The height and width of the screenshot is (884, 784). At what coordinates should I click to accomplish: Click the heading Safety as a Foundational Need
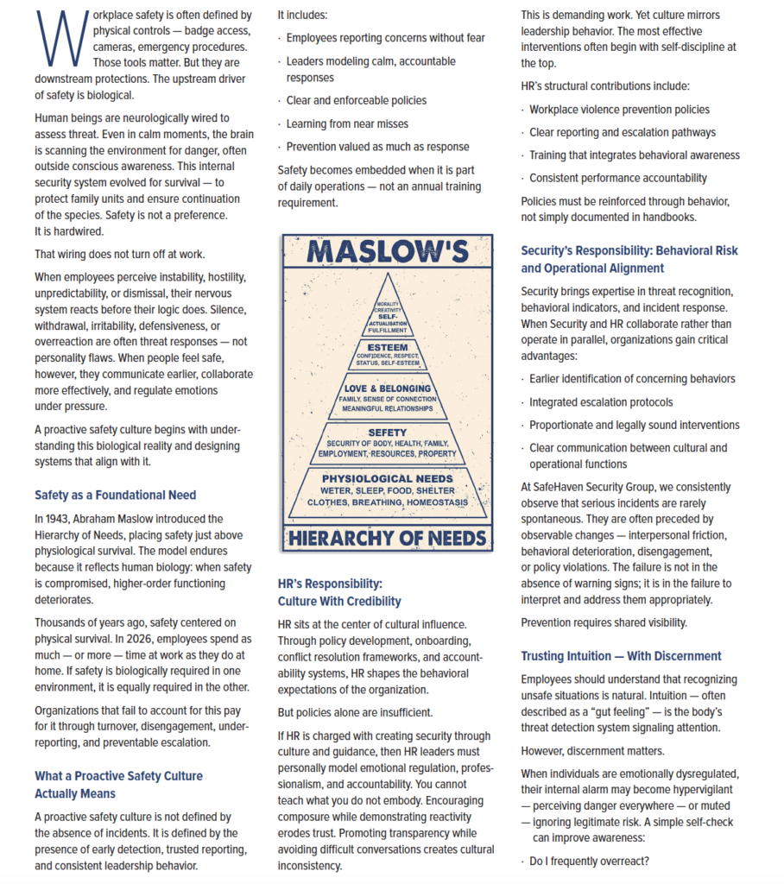(x=115, y=496)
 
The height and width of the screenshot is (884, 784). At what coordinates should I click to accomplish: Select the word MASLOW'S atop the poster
(x=386, y=252)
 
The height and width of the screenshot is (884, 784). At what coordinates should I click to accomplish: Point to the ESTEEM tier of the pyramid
(x=386, y=353)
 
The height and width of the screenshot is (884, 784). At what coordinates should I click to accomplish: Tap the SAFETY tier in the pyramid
(x=386, y=442)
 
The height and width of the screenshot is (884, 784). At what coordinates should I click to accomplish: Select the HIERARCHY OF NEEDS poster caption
(x=386, y=540)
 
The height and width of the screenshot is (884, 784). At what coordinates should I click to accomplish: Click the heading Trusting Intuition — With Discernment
(x=621, y=656)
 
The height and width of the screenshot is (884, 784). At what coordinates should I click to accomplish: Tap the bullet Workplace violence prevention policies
(x=619, y=110)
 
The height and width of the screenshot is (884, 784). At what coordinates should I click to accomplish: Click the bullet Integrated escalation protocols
(x=601, y=402)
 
